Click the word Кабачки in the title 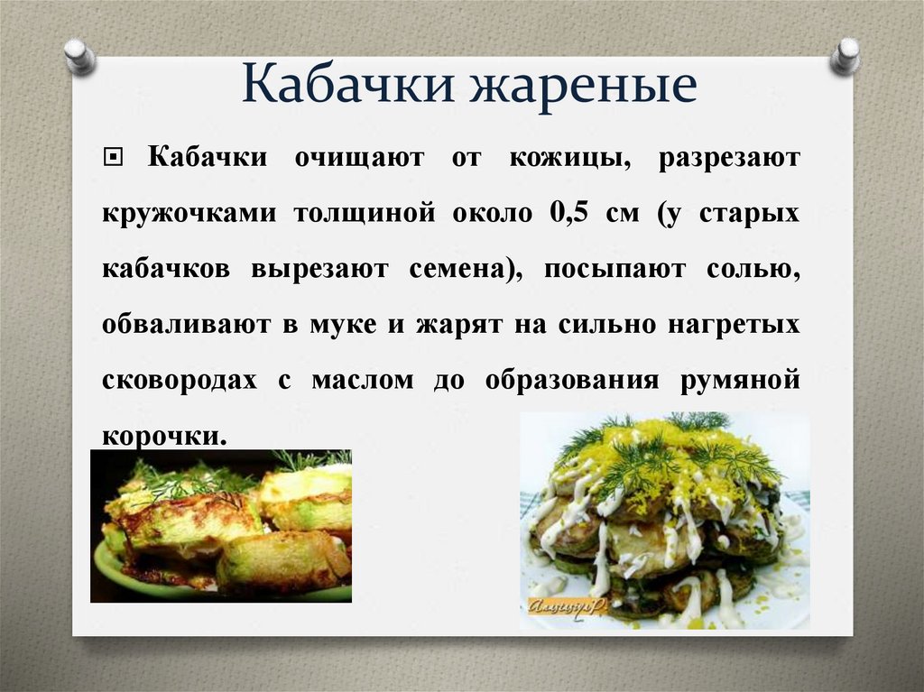(346, 88)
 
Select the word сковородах (179, 380)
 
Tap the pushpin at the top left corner (79, 56)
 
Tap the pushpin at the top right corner (846, 55)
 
